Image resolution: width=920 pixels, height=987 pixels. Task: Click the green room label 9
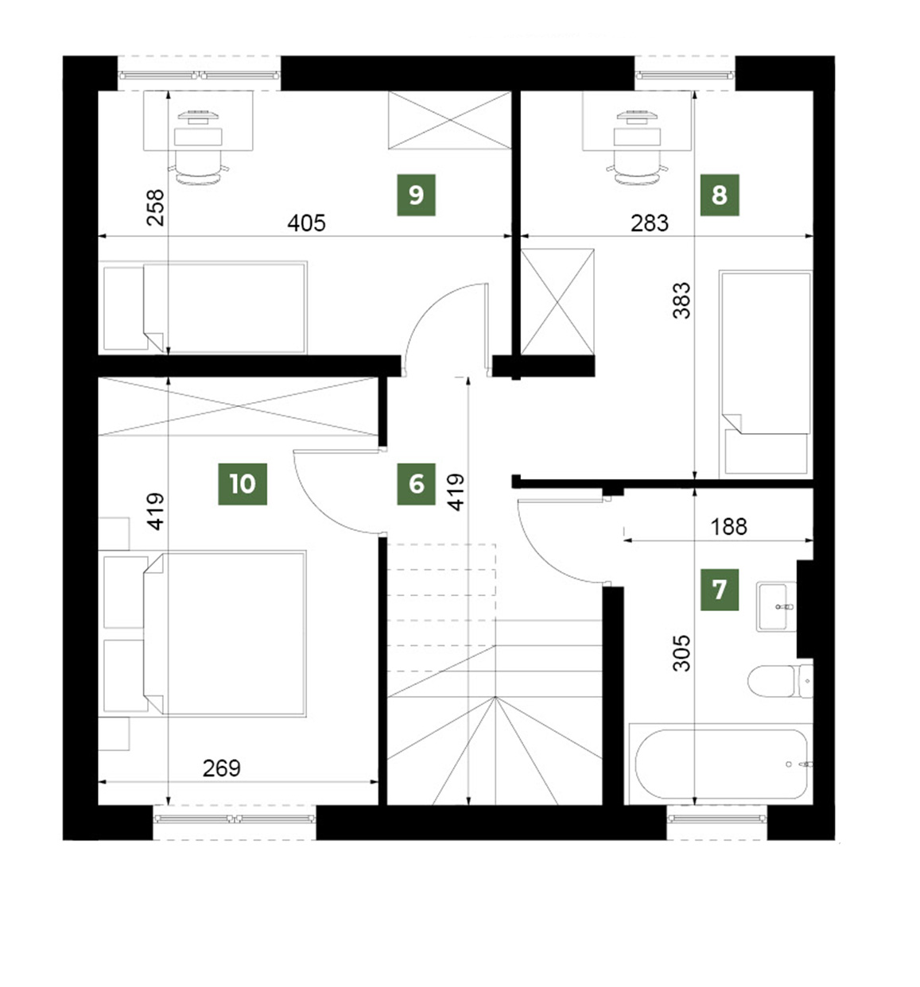416,195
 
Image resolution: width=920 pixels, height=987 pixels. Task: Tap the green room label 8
719,195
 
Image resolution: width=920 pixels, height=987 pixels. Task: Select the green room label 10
243,484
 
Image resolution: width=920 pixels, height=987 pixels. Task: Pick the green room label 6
416,484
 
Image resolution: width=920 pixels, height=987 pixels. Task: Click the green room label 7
719,590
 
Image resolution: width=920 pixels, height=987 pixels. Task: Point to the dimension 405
306,223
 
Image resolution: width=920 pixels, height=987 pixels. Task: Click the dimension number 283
650,223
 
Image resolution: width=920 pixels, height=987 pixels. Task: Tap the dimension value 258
155,207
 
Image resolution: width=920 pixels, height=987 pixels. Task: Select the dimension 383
681,300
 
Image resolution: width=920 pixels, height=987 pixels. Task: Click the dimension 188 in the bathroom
728,527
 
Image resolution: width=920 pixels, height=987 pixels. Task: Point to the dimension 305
681,653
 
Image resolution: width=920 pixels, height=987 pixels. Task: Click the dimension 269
221,768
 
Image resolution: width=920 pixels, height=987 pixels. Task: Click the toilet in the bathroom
780,681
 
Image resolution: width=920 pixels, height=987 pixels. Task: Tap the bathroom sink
776,607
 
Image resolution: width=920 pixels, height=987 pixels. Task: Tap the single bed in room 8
766,373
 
